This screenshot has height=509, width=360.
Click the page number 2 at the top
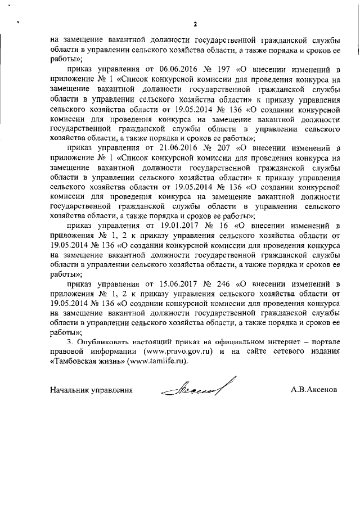click(x=195, y=24)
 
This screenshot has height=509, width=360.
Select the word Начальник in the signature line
click(x=70, y=389)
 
